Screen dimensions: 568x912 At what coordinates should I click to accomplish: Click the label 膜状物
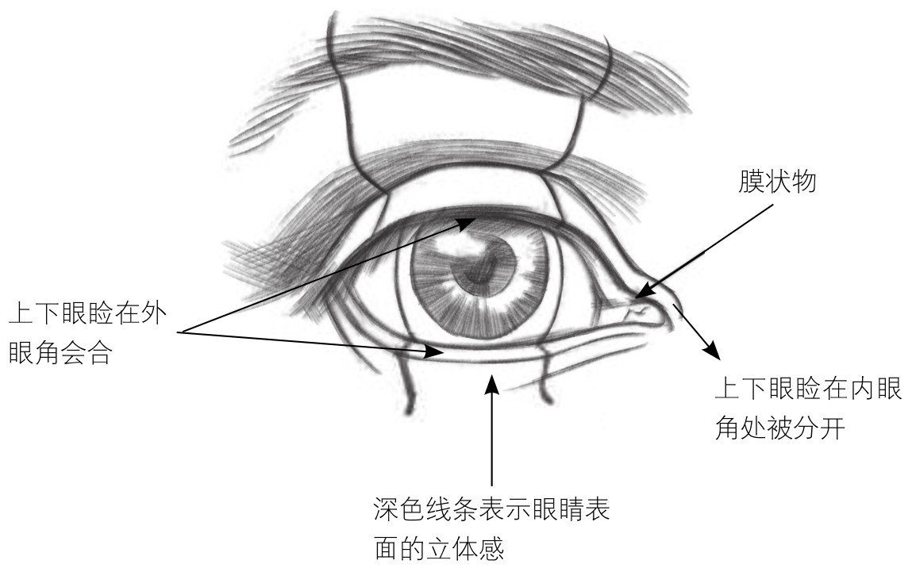click(x=775, y=183)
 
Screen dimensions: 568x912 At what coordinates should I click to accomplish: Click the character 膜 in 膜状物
click(x=747, y=183)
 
